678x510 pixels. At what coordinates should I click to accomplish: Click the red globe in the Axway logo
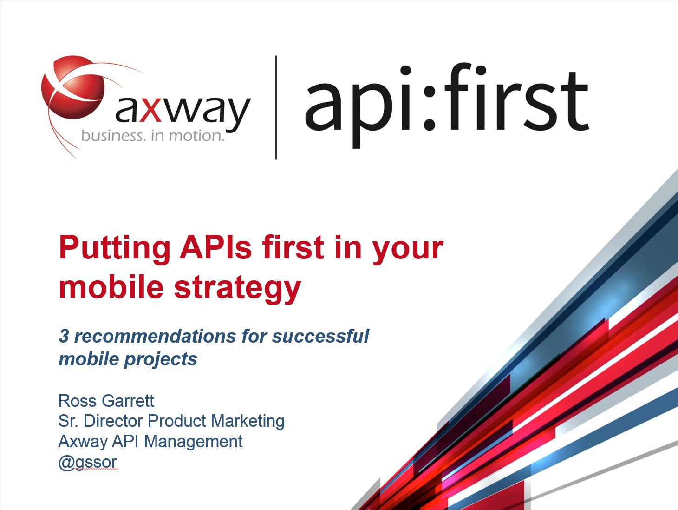73,87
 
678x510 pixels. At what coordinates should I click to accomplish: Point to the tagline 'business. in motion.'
153,136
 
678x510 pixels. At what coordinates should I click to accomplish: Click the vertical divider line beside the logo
276,107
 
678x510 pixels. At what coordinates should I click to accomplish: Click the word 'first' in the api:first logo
516,98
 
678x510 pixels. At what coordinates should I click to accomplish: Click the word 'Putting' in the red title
115,249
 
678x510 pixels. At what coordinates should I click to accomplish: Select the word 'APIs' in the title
216,248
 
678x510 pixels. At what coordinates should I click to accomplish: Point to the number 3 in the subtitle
64,336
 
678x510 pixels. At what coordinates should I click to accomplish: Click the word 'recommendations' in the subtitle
155,336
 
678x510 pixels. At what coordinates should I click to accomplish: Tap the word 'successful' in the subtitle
320,336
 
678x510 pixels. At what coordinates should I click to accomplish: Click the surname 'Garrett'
128,401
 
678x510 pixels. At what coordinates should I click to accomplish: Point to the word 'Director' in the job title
114,421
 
